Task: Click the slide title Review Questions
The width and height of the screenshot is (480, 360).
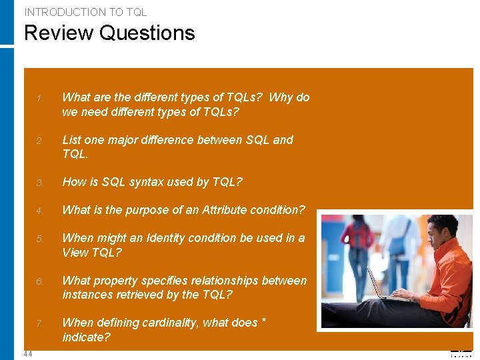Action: click(x=109, y=33)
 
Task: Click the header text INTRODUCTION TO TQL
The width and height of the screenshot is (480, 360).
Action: click(x=85, y=12)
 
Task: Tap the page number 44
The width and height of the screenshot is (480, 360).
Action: click(x=28, y=353)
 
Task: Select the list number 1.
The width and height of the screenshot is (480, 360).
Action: click(x=40, y=99)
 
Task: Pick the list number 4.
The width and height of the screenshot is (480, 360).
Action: click(x=40, y=211)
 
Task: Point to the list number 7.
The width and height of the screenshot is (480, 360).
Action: click(x=40, y=323)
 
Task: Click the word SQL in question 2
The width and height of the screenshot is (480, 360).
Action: click(x=258, y=140)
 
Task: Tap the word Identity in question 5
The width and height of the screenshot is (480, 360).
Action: click(x=190, y=238)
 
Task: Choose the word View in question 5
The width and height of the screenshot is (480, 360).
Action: click(x=75, y=253)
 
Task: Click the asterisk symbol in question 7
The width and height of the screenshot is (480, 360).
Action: click(x=264, y=321)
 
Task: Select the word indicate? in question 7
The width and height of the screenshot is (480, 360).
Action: click(x=86, y=337)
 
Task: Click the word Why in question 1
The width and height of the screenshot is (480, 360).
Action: click(x=281, y=97)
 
